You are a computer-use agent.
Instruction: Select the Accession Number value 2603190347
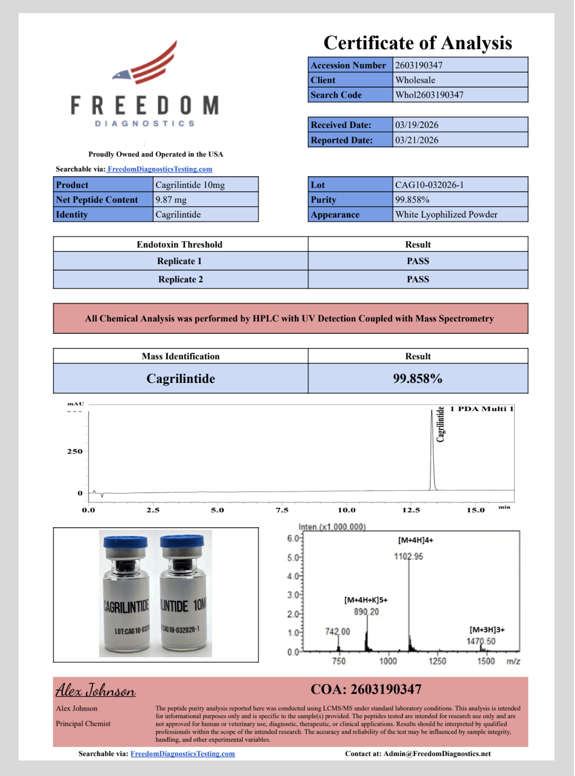(418, 65)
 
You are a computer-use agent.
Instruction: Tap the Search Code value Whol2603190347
(429, 95)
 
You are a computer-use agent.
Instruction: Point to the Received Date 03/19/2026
(416, 125)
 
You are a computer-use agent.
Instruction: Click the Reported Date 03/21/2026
(416, 140)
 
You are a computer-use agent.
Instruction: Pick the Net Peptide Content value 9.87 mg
(171, 200)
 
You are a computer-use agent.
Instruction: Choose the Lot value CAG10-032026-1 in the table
(429, 185)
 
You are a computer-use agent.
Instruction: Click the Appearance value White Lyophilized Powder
(446, 214)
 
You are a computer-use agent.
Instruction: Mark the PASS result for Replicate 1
(418, 261)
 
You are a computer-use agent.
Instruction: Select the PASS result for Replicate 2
(418, 279)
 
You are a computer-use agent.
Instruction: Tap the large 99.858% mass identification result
(417, 379)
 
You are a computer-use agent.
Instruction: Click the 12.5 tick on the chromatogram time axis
(411, 510)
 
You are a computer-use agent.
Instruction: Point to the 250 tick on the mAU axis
(75, 451)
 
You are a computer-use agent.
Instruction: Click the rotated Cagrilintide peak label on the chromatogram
(440, 424)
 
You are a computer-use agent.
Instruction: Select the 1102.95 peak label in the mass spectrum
(408, 556)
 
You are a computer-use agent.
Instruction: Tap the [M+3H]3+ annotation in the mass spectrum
(487, 630)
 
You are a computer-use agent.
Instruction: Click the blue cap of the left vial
(125, 542)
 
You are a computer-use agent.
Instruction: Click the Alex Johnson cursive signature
(96, 691)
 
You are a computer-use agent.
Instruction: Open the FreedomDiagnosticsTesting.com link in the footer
(183, 753)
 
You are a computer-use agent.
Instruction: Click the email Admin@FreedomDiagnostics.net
(437, 753)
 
